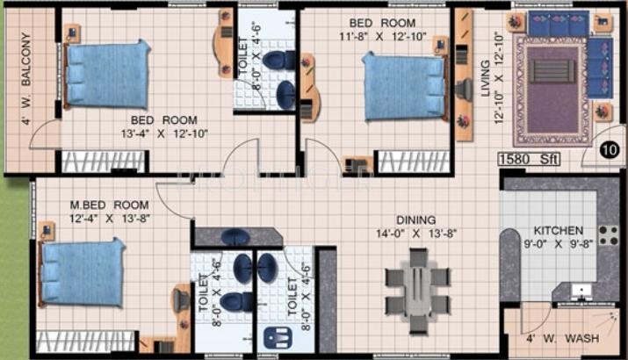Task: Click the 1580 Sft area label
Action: (530, 159)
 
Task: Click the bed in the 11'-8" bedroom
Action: (401, 85)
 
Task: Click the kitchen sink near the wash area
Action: (581, 291)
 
